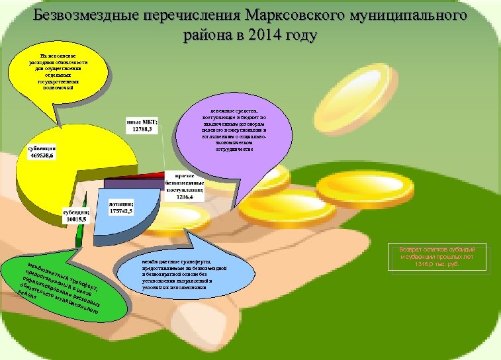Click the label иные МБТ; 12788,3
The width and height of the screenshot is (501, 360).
142,125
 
